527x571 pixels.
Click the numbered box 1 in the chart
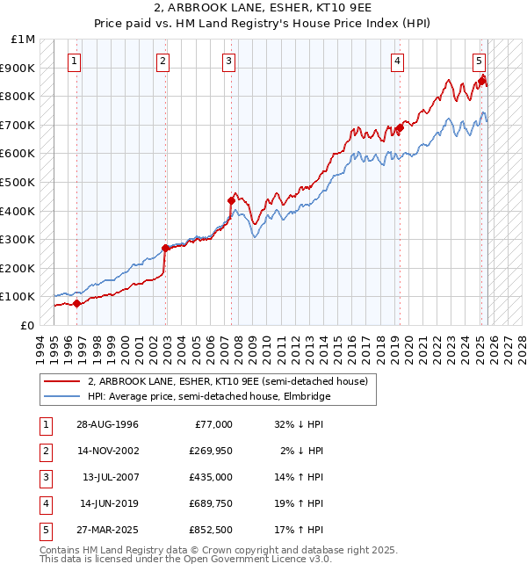[74, 61]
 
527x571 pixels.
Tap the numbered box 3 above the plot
[228, 61]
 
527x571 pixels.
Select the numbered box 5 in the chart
[479, 61]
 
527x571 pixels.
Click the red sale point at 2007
[231, 200]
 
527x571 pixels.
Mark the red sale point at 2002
[165, 248]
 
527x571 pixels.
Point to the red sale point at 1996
[76, 303]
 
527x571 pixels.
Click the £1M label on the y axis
[24, 40]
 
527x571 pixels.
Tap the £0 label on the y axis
[28, 325]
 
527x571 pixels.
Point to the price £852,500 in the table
[210, 530]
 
